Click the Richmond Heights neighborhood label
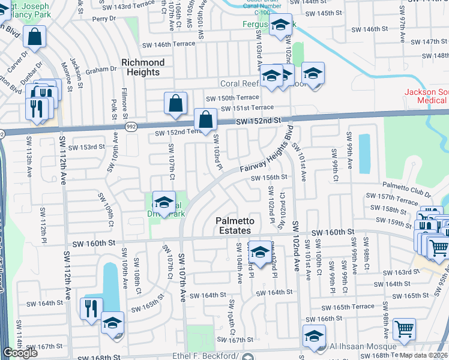click(143, 67)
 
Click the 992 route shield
click(130, 127)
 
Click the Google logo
click(20, 353)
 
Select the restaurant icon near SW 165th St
click(91, 309)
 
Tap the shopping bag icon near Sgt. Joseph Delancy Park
click(36, 36)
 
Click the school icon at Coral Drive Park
click(164, 202)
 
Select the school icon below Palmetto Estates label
click(260, 251)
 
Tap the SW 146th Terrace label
click(169, 44)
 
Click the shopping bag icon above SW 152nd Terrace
click(175, 103)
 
